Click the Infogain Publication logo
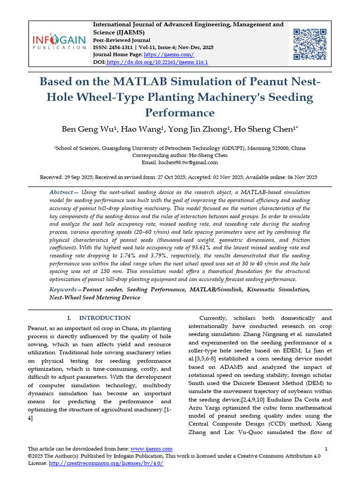[x=59, y=42]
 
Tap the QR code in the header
[x=309, y=44]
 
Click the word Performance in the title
[x=180, y=112]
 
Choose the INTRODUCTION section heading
[x=105, y=318]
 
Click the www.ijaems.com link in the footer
[x=151, y=449]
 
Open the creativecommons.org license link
[x=106, y=463]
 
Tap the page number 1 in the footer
[x=326, y=449]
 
